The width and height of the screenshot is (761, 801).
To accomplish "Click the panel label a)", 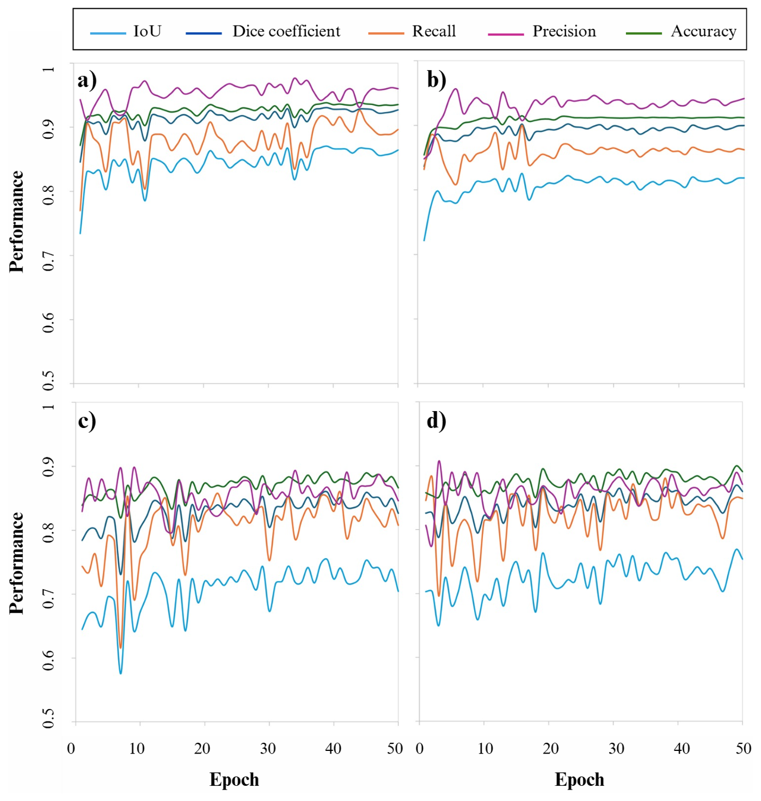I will coord(87,80).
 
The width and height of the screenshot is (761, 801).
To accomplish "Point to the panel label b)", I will coord(437,80).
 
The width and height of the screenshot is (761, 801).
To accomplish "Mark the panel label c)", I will coord(87,421).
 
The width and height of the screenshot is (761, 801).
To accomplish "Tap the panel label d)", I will coord(437,421).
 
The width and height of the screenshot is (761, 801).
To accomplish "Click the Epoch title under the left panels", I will coord(234,780).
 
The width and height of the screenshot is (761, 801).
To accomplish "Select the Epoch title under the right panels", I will coord(579,780).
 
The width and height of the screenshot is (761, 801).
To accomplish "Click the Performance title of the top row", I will coord(16,222).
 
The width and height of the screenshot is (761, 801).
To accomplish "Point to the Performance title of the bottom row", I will coord(16,563).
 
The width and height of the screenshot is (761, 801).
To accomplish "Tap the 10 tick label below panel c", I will coord(137,749).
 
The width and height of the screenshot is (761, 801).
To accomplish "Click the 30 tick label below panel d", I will coord(616,749).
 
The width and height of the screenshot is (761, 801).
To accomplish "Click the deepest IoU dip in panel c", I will coord(121,673).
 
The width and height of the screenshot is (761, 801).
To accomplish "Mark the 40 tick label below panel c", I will coord(333,749).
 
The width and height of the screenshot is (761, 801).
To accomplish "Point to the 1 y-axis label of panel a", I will coord(48,69).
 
